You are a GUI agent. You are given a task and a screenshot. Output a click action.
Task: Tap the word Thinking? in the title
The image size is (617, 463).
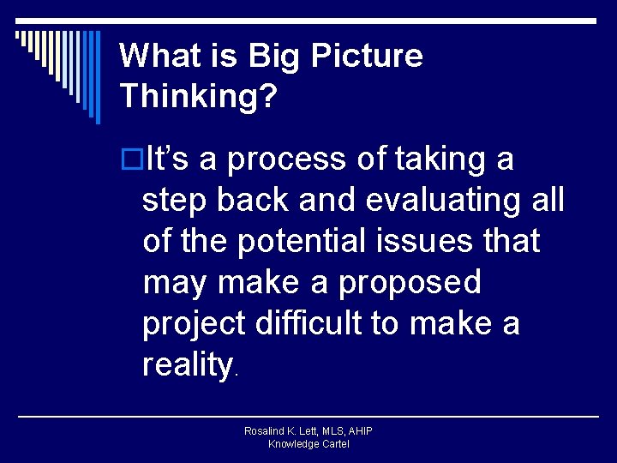[199, 96]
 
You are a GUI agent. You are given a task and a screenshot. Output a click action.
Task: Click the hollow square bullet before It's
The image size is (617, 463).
[133, 159]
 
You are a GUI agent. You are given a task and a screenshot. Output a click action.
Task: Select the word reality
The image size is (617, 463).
[188, 365]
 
